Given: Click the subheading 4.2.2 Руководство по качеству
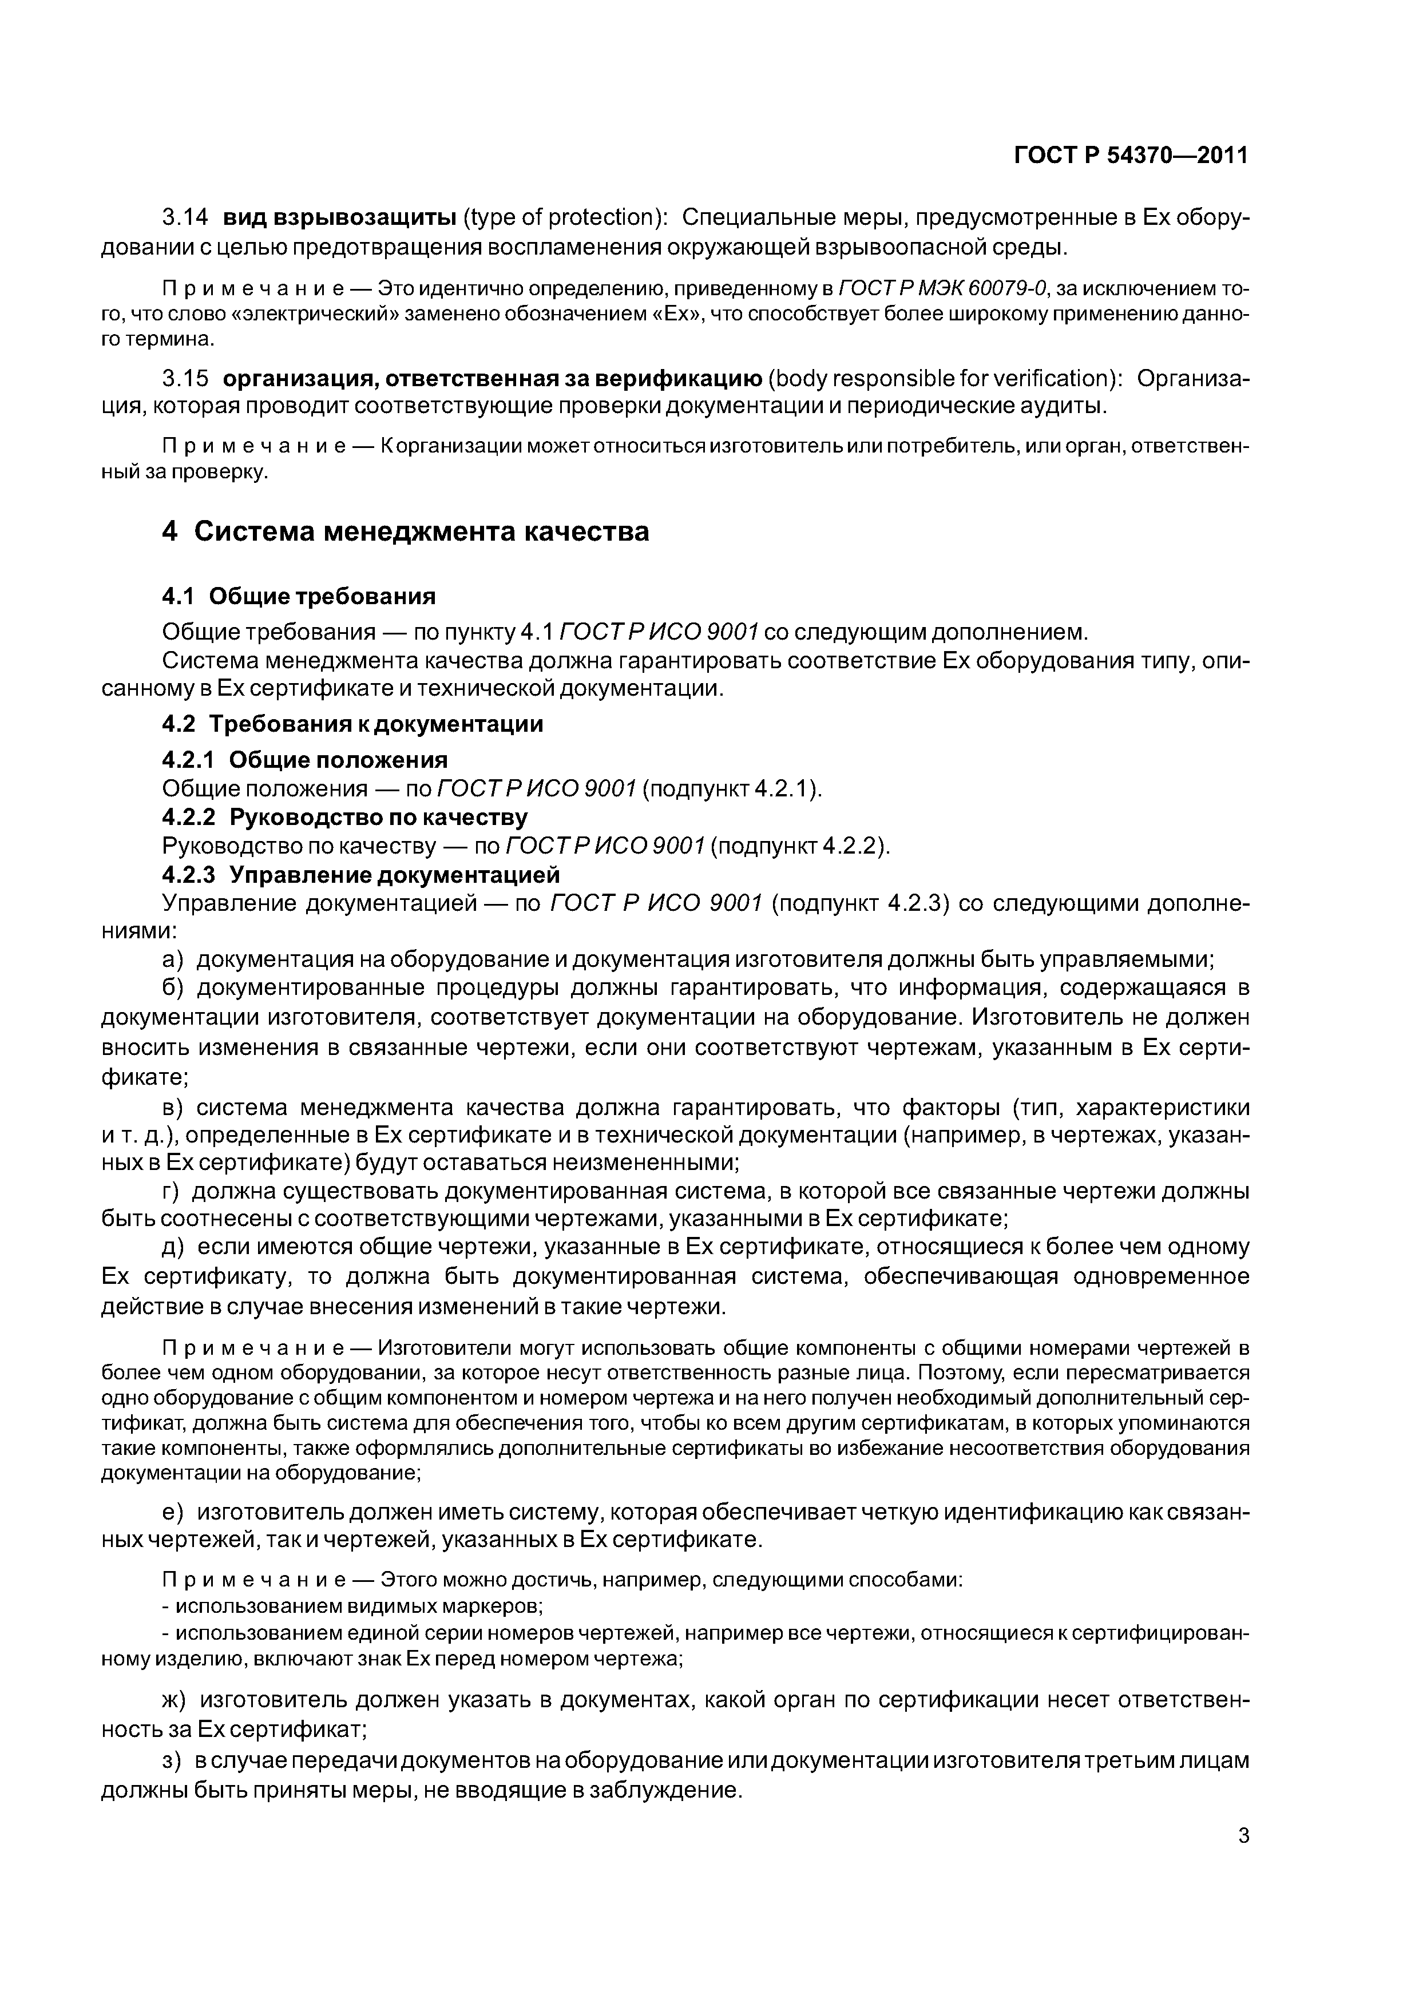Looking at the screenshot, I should click(346, 818).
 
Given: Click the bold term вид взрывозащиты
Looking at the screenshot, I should click(338, 217).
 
